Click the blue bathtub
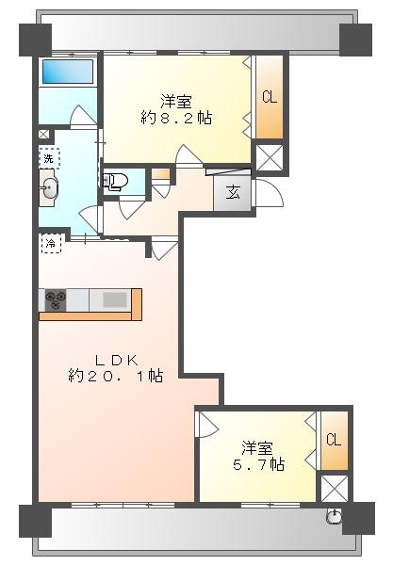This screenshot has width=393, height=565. tap(68, 72)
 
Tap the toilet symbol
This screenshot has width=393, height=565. tap(115, 181)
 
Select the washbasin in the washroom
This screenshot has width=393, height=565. tap(49, 188)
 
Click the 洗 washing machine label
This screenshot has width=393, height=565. tap(49, 158)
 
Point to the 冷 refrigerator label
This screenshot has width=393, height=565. tap(51, 244)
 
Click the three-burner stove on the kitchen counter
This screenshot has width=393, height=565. tap(56, 299)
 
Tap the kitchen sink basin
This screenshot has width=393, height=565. tap(115, 299)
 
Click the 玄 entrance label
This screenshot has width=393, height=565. tap(234, 193)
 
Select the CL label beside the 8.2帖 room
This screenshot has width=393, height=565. tap(270, 97)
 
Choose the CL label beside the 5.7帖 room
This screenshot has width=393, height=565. tap(334, 440)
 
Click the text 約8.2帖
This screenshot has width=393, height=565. tap(176, 119)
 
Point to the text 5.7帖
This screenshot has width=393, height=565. tap(258, 464)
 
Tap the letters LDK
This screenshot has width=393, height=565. tap(116, 360)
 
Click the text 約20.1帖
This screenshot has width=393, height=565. tap(115, 376)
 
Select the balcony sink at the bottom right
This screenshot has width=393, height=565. tap(334, 516)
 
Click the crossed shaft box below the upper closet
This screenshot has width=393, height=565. tap(269, 157)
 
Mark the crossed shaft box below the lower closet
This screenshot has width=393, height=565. tap(335, 488)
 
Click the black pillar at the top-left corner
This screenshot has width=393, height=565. tap(35, 40)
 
